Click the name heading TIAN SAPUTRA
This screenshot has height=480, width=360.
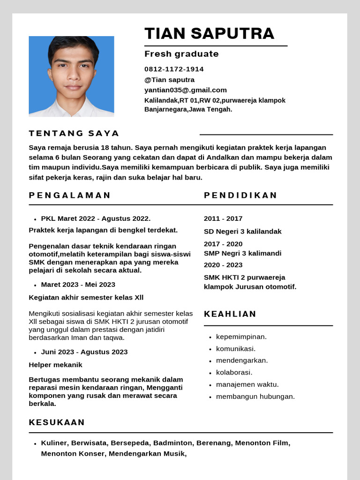209,34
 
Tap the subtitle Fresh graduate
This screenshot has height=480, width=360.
181,54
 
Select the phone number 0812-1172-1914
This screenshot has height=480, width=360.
174,69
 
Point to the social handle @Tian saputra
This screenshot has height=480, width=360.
169,80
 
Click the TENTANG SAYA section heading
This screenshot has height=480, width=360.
74,133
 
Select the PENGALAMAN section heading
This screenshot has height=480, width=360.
70,195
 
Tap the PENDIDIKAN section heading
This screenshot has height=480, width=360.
240,195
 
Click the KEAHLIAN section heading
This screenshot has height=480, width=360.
230,314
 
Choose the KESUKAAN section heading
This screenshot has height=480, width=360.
57,422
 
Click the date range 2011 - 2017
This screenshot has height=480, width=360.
223,218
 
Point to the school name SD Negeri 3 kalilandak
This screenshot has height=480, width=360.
242,232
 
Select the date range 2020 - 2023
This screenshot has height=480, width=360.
223,265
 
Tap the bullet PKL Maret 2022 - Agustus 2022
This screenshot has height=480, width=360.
96,218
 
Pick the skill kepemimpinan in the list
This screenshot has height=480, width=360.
241,337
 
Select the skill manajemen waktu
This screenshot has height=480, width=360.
247,384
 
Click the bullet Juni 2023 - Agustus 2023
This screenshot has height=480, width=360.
84,352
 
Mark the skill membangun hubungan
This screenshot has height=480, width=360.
255,397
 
